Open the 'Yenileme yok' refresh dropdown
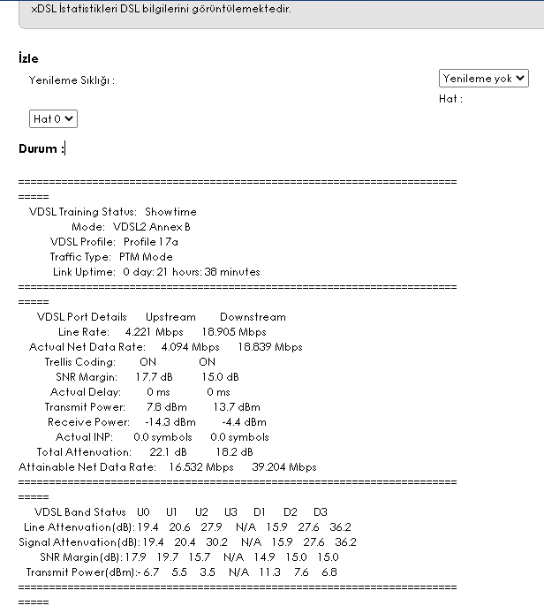point(483,79)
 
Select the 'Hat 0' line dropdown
point(53,118)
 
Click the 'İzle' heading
point(28,58)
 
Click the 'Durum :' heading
point(41,149)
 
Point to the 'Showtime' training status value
point(170,212)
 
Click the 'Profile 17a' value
point(151,242)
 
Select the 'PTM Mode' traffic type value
point(146,257)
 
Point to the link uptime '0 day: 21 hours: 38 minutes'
point(192,272)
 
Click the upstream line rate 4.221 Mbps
point(155,332)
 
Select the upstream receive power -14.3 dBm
point(170,422)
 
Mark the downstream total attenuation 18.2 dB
point(223,452)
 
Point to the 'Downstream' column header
point(253,317)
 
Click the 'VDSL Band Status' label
point(80,512)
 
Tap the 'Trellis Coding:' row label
point(80,362)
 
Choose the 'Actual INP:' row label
point(85,437)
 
